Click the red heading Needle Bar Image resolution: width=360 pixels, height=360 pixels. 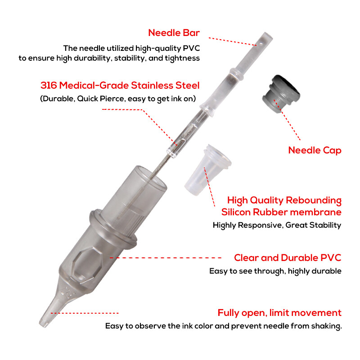pyautogui.click(x=174, y=33)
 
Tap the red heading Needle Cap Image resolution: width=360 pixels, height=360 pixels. pyautogui.click(x=315, y=150)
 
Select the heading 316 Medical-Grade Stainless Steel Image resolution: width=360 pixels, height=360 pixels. pyautogui.click(x=120, y=85)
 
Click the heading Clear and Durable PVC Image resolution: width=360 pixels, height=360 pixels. pyautogui.click(x=288, y=258)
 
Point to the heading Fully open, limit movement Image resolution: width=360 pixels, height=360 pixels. pyautogui.click(x=279, y=313)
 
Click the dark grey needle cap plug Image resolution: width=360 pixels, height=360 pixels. pyautogui.click(x=281, y=93)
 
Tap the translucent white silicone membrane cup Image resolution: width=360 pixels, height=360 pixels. pyautogui.click(x=207, y=170)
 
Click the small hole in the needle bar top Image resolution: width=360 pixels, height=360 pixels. pyautogui.click(x=261, y=43)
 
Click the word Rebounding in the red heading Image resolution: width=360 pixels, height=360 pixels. pyautogui.click(x=314, y=200)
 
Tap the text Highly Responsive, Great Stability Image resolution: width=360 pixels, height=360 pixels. pyautogui.click(x=277, y=225)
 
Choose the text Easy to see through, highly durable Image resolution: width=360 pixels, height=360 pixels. pyautogui.click(x=275, y=271)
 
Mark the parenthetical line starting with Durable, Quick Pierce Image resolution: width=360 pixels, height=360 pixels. pyautogui.click(x=118, y=99)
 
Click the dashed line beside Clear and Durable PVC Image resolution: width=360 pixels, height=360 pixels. pyautogui.click(x=165, y=258)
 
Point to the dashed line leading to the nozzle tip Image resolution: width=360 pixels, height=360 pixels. pyautogui.click(x=85, y=313)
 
